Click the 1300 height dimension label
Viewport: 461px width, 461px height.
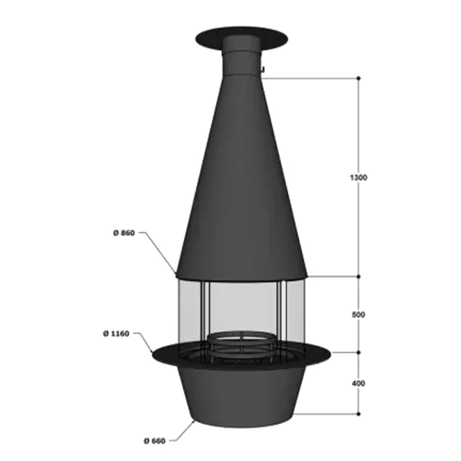359,177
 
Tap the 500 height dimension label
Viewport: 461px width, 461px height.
358,315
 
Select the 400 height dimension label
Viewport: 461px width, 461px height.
358,383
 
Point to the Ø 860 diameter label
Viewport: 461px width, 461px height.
124,233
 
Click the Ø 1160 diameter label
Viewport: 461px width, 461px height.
116,333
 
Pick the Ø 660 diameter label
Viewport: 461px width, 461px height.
154,441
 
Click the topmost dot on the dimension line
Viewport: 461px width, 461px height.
359,78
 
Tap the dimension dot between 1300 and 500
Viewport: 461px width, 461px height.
359,277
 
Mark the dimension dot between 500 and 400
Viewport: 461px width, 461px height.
359,352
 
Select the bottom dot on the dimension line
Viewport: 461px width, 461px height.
359,414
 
